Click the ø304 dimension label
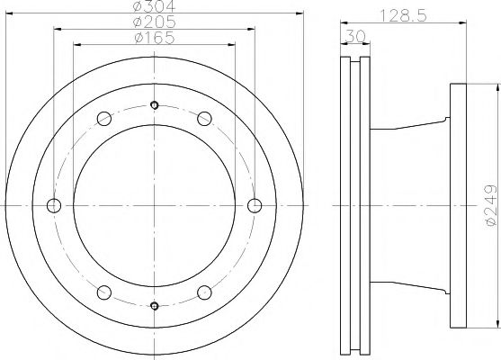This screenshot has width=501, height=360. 155,5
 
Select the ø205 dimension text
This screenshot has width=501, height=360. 155,22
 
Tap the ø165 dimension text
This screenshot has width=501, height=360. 155,38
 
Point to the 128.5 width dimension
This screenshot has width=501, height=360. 403,15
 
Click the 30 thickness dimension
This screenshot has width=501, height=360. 355,36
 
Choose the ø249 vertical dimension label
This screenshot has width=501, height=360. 491,205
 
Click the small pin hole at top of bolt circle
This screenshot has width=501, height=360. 155,105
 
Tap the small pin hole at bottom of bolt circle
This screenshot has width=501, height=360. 155,306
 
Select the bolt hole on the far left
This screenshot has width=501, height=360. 54,205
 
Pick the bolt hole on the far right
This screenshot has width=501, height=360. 255,205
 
